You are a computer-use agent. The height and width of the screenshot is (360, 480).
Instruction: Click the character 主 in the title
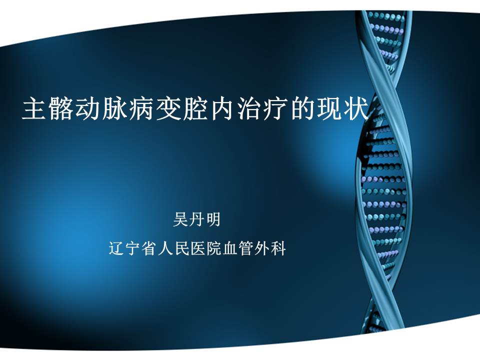[x=35, y=108]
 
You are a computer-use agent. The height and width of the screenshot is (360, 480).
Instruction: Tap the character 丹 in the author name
[x=196, y=219]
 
